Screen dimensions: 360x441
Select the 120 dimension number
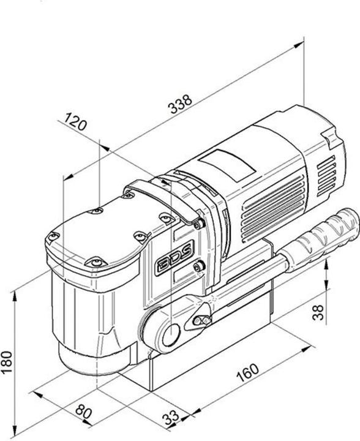click(75, 122)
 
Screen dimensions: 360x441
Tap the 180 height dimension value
click(7, 362)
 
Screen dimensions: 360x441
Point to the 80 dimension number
click(83, 412)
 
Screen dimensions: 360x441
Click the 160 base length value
click(247, 372)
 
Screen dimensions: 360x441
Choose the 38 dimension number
click(318, 312)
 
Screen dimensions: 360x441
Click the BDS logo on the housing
click(174, 258)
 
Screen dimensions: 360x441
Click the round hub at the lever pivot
click(171, 334)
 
